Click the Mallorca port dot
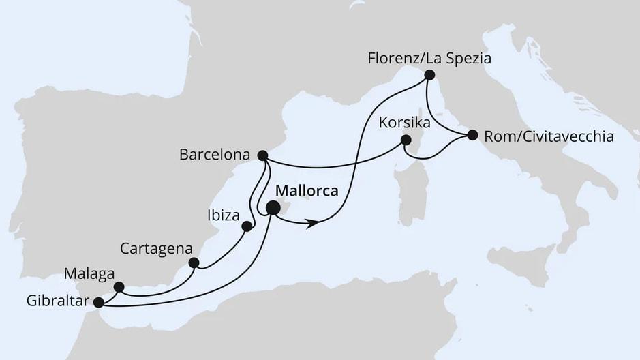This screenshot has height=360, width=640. [273, 209]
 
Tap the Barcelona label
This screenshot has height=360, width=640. [213, 155]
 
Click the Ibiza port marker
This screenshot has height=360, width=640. [247, 226]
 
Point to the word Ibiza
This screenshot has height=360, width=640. [222, 216]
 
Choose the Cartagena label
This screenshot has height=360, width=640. [156, 247]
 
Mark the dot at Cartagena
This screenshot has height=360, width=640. [194, 262]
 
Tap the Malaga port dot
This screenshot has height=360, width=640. [119, 287]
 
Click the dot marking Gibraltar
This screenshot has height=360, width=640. [98, 302]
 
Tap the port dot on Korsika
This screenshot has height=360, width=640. [406, 140]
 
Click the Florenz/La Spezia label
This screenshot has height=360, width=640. [429, 59]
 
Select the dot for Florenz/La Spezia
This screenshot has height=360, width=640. [429, 75]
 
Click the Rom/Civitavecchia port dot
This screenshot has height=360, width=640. [471, 135]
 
